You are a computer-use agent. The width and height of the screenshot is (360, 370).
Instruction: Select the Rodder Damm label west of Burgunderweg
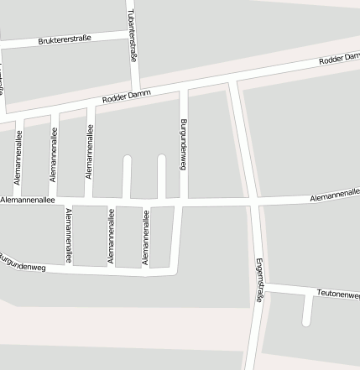pyautogui.click(x=127, y=96)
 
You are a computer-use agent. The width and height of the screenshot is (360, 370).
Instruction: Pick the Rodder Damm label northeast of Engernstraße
pyautogui.click(x=339, y=60)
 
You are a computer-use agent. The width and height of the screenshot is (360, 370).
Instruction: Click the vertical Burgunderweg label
pyautogui.click(x=183, y=144)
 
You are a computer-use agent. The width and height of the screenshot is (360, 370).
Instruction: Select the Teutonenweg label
pyautogui.click(x=338, y=294)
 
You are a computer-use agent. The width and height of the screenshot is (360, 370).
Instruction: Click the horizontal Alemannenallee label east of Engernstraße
pyautogui.click(x=334, y=195)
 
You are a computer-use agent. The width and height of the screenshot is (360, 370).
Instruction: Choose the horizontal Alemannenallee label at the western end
pyautogui.click(x=28, y=201)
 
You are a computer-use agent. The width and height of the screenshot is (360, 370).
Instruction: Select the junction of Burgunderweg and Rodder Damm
pyautogui.click(x=184, y=85)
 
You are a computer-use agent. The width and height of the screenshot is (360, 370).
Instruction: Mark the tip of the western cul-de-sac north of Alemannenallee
pyautogui.click(x=128, y=159)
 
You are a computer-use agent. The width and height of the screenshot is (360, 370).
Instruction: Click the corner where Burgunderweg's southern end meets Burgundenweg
pyautogui.click(x=174, y=271)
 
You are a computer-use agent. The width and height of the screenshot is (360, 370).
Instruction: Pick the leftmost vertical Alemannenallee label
pyautogui.click(x=17, y=156)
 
